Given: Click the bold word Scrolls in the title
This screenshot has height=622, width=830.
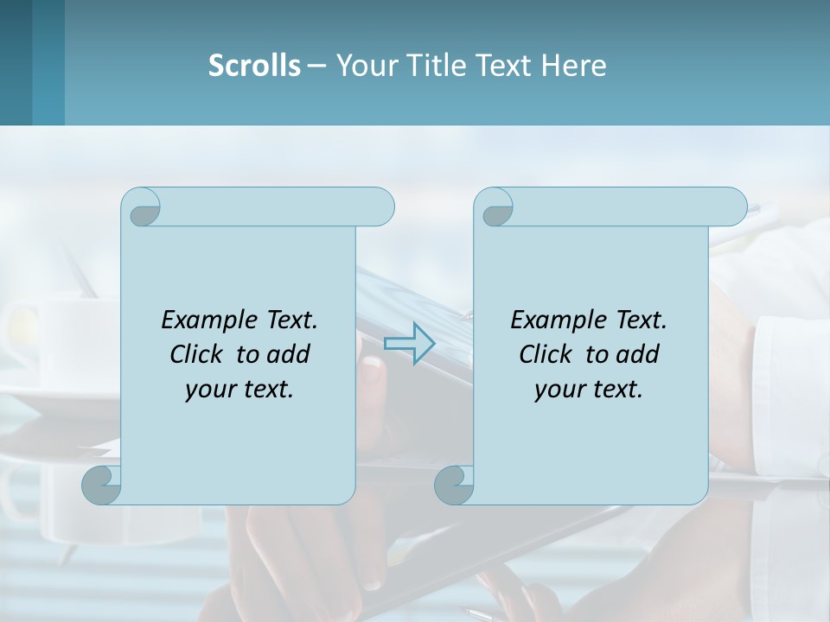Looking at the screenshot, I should coord(254,65).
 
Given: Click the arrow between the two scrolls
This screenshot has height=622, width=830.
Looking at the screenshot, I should coord(409,343).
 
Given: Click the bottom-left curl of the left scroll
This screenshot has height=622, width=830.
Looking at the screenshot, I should coord(101,485).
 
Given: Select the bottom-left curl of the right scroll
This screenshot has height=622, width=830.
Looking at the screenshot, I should coord(453,485).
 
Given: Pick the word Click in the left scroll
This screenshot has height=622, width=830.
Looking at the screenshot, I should coord(195,354).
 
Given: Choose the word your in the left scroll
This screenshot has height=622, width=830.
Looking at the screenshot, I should coord(210,389).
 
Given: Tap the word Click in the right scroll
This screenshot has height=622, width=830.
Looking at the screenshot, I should coord(545,354).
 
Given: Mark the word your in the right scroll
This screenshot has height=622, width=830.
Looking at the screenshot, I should coord(559,389).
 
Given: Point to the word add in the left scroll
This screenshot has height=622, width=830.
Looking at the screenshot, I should coord(289,354).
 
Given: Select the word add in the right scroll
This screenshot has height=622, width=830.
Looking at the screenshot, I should coord(638,354).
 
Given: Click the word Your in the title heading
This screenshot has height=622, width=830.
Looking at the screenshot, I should coord(364,65).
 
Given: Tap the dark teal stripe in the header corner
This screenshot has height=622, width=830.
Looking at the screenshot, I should coord(16,62).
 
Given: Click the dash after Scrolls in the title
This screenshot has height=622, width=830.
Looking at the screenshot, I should coord(316,65).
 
